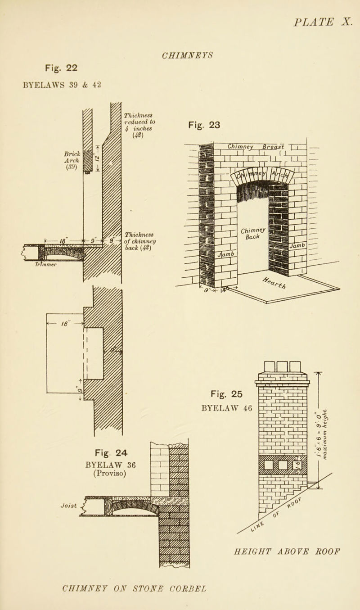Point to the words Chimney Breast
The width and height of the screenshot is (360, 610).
click(253, 145)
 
